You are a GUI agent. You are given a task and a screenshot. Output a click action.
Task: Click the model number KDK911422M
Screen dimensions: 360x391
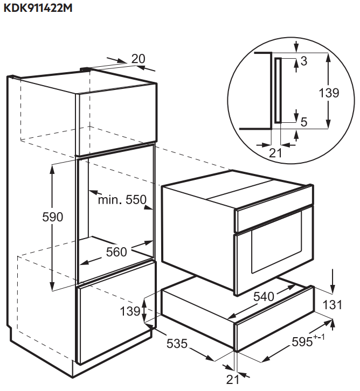click(x=38, y=8)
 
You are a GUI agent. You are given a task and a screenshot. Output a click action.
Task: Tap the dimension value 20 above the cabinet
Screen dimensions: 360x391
click(x=138, y=59)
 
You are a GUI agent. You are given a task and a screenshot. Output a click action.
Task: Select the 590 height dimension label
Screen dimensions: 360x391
click(x=53, y=217)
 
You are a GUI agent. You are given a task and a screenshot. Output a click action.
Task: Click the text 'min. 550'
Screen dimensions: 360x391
click(x=122, y=200)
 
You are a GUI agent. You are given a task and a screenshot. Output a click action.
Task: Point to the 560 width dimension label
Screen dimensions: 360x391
click(x=116, y=252)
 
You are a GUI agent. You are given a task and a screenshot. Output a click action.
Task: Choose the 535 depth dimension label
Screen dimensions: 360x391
click(x=177, y=344)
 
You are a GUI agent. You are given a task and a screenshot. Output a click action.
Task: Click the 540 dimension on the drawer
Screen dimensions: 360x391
click(x=264, y=297)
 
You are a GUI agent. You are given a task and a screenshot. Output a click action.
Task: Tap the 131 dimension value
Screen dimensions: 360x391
click(x=332, y=305)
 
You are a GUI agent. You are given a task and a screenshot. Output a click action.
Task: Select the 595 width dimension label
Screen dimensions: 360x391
click(x=302, y=342)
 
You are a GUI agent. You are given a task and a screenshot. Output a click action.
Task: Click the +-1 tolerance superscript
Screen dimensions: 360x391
click(x=319, y=337)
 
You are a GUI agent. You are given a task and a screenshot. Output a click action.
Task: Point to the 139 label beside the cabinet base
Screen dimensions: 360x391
click(x=130, y=311)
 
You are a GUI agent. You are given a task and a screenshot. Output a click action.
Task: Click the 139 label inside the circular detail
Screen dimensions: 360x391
click(x=329, y=93)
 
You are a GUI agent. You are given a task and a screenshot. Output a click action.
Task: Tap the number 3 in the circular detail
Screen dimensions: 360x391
click(x=303, y=61)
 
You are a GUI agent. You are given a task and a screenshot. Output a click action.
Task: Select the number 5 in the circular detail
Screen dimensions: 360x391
click(x=303, y=122)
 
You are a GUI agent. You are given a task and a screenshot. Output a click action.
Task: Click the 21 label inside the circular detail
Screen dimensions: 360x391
click(x=275, y=153)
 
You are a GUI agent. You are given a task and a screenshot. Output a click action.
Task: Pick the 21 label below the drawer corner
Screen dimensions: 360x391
click(x=232, y=380)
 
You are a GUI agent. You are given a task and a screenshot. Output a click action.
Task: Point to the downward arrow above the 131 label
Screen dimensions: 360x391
click(x=333, y=281)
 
